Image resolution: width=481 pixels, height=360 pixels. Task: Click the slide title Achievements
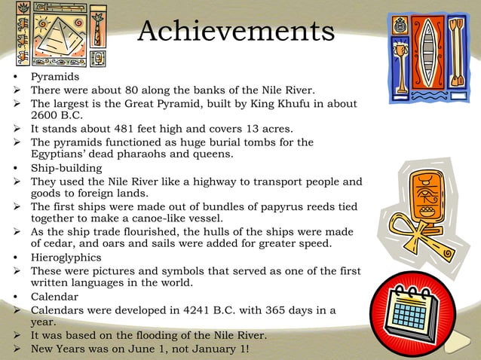click(236, 32)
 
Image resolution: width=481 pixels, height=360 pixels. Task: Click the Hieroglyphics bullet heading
click(67, 257)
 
